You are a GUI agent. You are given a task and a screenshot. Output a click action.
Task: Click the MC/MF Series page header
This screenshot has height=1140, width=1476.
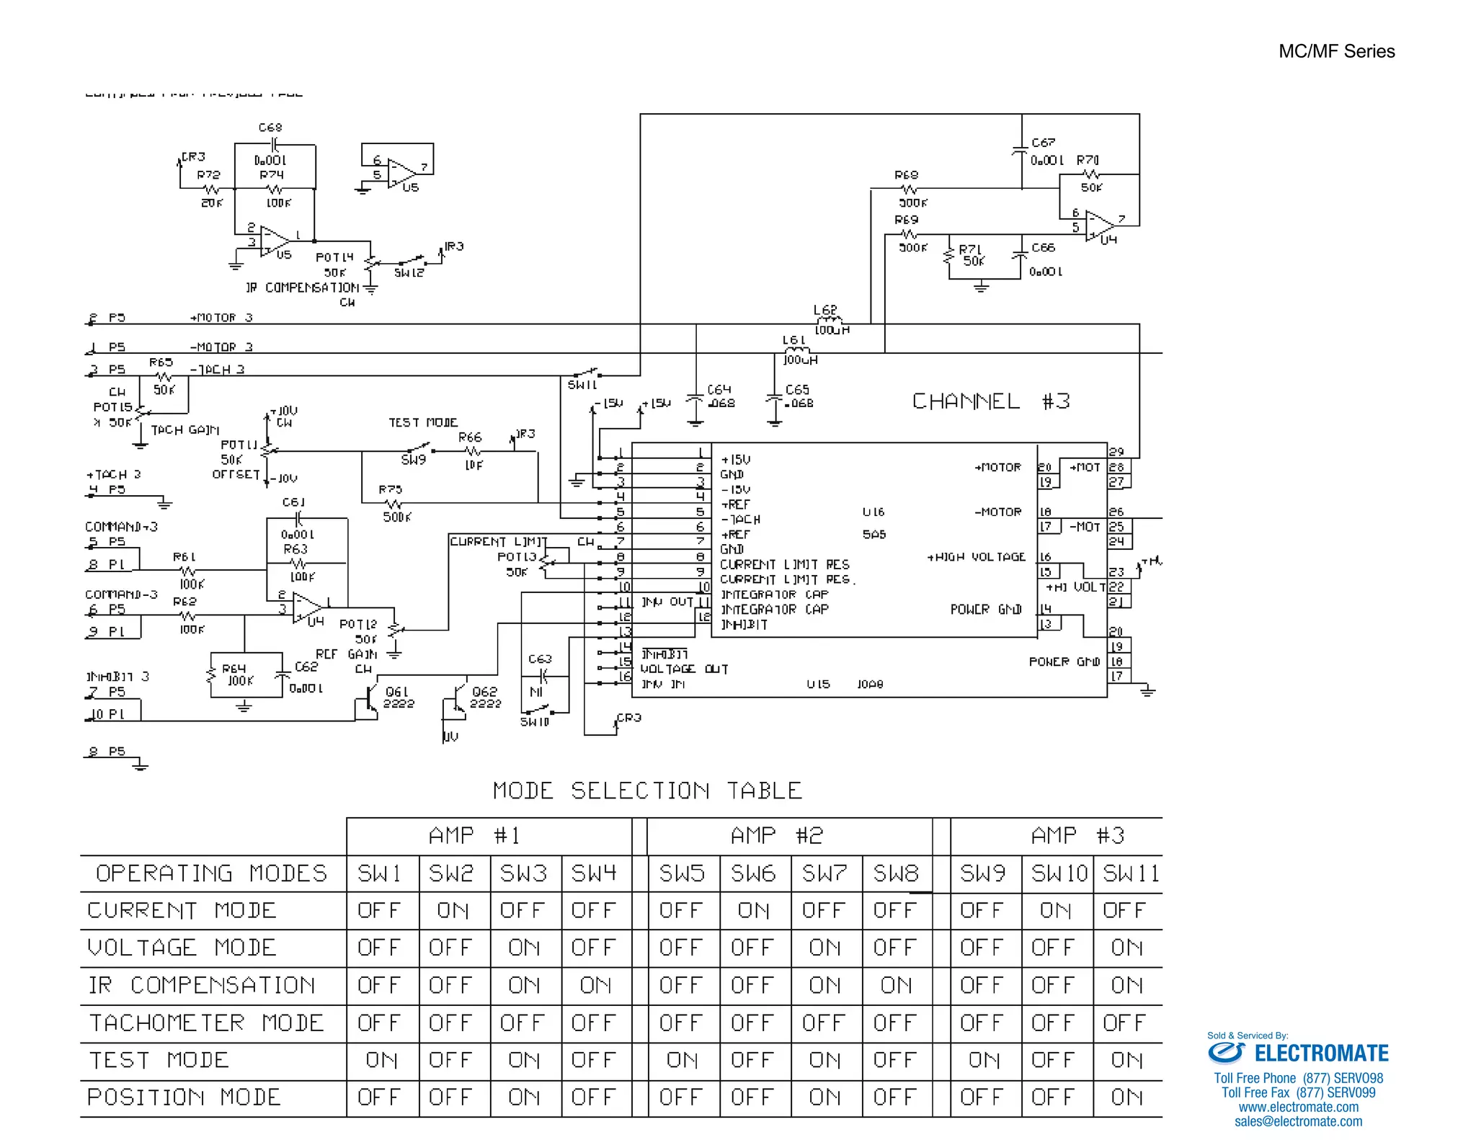[1336, 51]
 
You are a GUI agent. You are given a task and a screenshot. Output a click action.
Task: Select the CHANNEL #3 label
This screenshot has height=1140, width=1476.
[991, 401]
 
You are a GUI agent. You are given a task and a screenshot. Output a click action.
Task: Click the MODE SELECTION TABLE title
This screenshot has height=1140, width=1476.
[647, 791]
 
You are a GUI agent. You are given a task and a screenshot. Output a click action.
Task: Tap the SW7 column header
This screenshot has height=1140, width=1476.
[824, 873]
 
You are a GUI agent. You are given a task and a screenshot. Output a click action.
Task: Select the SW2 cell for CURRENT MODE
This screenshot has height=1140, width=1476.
[453, 911]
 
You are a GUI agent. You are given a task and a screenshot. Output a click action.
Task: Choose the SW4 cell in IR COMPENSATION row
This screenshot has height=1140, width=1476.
[595, 985]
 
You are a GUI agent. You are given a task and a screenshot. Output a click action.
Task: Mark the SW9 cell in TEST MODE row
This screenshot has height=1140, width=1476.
[984, 1060]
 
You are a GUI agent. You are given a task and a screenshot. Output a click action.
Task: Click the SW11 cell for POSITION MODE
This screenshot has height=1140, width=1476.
[1126, 1097]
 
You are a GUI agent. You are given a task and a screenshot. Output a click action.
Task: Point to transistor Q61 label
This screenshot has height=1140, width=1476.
[397, 691]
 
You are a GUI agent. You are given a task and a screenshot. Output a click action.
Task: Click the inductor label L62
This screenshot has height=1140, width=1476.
[824, 310]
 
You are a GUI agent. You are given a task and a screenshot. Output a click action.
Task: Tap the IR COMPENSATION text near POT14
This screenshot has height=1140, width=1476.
[302, 288]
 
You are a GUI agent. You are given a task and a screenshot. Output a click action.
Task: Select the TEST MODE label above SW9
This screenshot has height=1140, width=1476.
[423, 422]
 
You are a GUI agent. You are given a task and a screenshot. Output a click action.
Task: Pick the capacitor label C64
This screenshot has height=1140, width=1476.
[719, 389]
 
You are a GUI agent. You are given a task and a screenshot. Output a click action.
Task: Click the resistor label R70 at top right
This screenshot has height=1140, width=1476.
[1088, 160]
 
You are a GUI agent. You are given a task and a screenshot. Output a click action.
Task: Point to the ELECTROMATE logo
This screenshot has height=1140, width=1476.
[1298, 1054]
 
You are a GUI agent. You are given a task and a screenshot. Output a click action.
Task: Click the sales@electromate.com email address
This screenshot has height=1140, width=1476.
[1298, 1121]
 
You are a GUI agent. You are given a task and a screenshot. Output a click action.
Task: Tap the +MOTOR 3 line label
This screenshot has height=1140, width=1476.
[221, 318]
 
